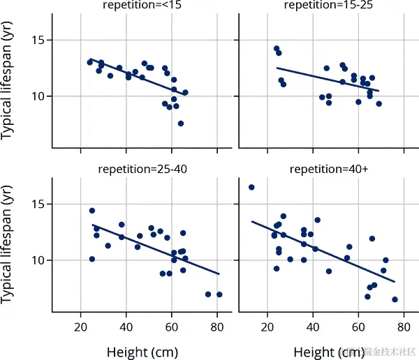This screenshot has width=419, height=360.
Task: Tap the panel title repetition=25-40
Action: (x=142, y=170)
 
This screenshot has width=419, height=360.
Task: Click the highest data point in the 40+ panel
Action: (x=251, y=187)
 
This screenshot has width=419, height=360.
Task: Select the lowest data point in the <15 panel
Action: (x=181, y=123)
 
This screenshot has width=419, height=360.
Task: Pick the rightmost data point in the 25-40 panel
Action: (x=219, y=294)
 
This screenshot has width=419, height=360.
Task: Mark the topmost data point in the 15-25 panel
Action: (x=277, y=49)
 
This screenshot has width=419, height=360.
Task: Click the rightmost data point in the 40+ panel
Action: (x=395, y=299)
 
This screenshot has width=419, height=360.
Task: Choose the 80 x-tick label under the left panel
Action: (x=217, y=326)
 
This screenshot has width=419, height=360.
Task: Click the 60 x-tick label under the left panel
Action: (x=172, y=326)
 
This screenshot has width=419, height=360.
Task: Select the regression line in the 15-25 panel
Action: (x=328, y=80)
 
